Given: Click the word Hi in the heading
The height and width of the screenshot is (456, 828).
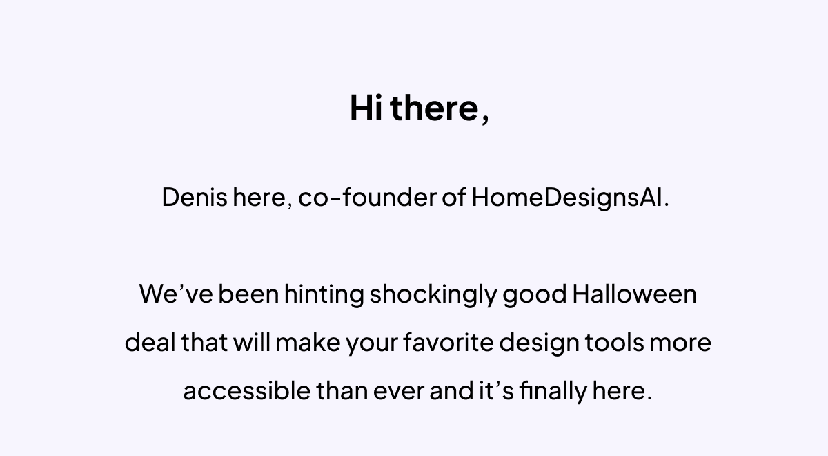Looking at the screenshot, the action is coord(366,108).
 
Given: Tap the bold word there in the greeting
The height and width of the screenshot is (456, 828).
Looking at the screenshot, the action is coord(434,108).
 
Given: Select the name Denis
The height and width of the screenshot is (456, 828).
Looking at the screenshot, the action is coord(195,197).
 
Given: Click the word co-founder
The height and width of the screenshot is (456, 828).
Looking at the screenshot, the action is coord(367,197).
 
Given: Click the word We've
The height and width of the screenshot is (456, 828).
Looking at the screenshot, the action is coord(176,294).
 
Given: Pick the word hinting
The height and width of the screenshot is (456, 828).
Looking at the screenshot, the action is coord(324,294).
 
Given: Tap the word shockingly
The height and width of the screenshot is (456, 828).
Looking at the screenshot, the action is coord(433,294).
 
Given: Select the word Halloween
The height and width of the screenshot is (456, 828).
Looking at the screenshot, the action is coord(635,294).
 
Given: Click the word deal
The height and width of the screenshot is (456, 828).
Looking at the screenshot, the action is coord(150,342).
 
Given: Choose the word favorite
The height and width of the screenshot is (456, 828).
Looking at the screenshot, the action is coord(448,342).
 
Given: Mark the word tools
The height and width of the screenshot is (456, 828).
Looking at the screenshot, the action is coord(614,342).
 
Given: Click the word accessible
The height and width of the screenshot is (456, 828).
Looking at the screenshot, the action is coord(247,390).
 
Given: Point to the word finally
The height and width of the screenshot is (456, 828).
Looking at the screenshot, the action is coord(553,391).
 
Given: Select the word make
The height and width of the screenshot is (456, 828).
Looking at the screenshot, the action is coord(308,342).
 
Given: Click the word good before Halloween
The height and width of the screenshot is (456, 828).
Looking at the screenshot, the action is coord(535,295).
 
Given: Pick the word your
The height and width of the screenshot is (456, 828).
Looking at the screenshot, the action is coord(372,345).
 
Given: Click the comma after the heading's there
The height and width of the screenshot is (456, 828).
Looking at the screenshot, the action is coord(485,119).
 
